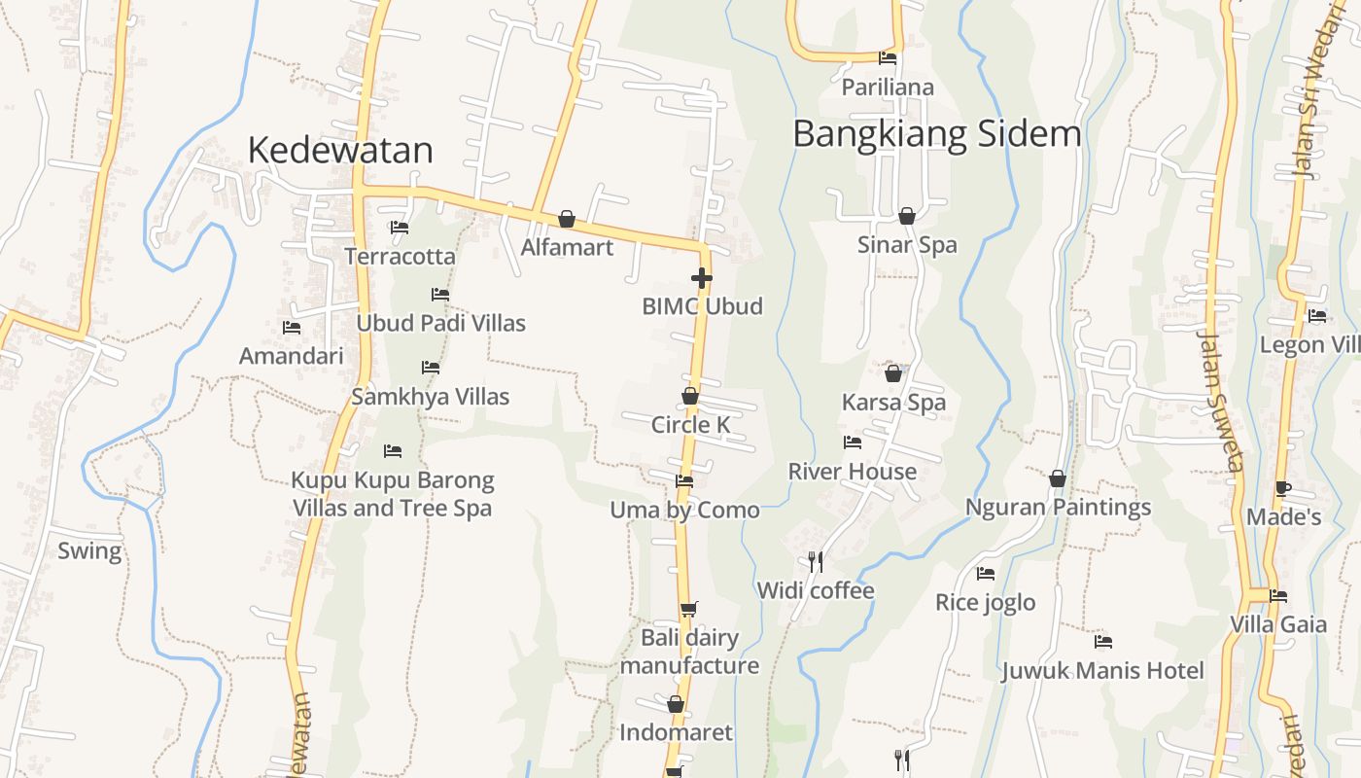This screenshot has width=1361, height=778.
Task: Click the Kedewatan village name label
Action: coord(340,151)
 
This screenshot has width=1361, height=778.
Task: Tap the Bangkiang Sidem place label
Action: coord(936,134)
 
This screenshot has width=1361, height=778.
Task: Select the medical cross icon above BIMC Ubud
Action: coord(701,278)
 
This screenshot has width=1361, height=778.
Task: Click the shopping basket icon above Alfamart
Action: coord(567,219)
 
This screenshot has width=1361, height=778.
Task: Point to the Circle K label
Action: coord(690,425)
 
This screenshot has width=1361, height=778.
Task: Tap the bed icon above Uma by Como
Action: coord(684,480)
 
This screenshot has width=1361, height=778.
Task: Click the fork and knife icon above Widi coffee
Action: coord(816,561)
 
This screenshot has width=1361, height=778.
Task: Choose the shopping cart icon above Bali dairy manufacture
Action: coord(688,610)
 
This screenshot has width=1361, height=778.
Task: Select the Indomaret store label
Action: coord(676,732)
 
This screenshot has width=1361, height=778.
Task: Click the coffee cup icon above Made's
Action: coord(1283,488)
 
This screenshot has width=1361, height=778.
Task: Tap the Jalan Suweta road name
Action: coord(1221,401)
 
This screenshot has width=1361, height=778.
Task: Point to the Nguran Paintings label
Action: coord(1058,507)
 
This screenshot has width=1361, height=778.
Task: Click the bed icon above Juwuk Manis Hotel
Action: coord(1102,642)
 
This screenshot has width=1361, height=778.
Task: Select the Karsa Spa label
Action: coord(893,402)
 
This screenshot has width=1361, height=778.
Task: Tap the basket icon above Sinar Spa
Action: coord(907,216)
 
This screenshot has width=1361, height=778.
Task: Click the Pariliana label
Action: coord(888,88)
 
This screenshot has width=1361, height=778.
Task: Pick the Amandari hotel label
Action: coord(292,356)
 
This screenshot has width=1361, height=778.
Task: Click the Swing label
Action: coord(89,551)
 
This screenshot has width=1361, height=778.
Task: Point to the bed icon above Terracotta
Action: coord(400,228)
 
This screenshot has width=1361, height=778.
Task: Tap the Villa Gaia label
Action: coord(1278,624)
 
